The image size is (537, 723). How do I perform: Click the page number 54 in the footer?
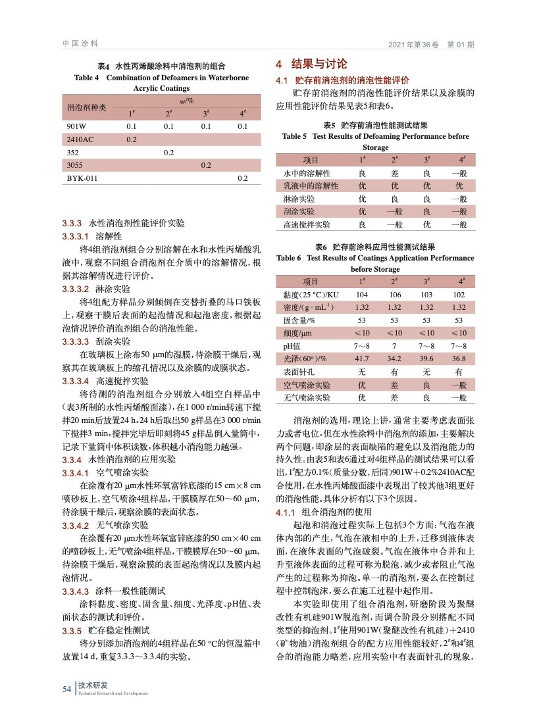(66, 689)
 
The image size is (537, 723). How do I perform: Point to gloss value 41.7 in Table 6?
(361, 358)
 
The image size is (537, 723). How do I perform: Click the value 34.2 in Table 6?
(395, 358)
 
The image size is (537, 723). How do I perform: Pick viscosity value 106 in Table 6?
(395, 295)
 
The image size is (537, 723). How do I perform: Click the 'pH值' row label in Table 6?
(292, 345)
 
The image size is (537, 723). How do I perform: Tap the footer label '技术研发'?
(92, 686)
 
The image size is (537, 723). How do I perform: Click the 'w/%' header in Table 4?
(186, 100)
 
